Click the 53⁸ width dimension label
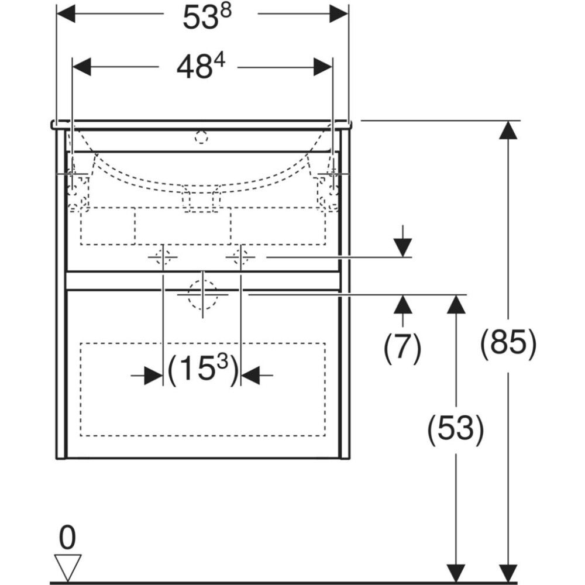pos(207,17)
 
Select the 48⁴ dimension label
pos(201,67)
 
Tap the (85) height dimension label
pos(508,343)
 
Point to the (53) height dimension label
pos(456,429)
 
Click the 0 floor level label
pos(67,538)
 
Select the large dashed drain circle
pos(202,294)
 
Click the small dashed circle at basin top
pos(201,137)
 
